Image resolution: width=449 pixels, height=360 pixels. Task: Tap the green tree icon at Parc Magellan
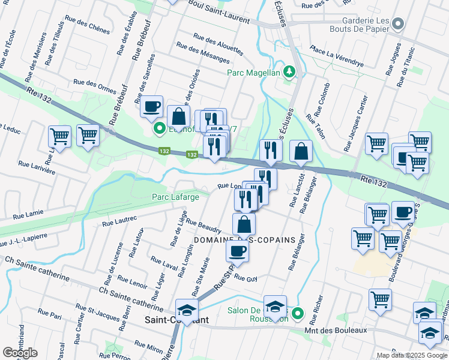[290, 73]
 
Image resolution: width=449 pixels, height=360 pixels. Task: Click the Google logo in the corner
[20, 352]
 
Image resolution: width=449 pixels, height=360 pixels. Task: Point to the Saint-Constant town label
[176, 320]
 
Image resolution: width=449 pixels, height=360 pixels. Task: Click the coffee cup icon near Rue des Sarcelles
[152, 106]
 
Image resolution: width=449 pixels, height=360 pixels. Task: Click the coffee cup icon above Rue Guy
[238, 251]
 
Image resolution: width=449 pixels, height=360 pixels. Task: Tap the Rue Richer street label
[319, 306]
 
